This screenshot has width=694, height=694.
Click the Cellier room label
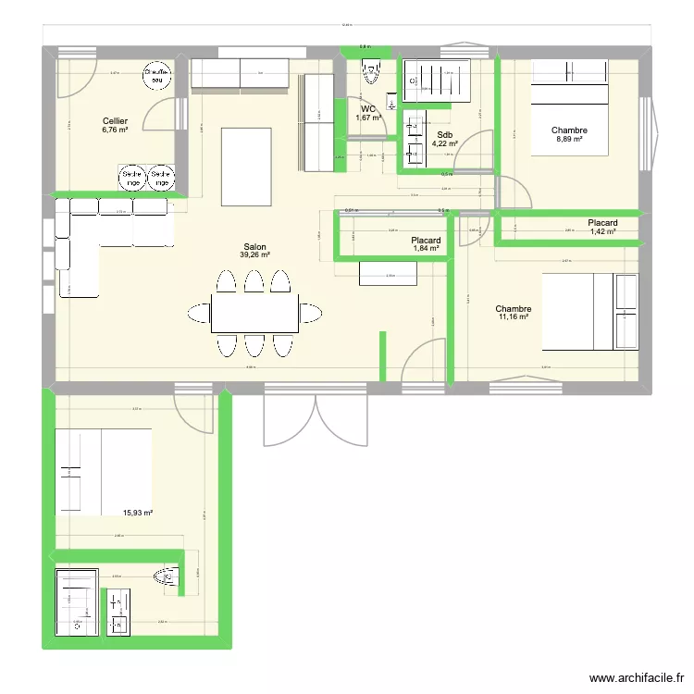[x=116, y=121]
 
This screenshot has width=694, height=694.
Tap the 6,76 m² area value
[x=116, y=130]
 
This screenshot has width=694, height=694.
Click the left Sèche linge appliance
[x=130, y=178]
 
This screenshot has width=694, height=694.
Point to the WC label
[x=369, y=108]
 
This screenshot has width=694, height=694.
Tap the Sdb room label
[x=445, y=134]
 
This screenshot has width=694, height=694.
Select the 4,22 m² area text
[x=445, y=143]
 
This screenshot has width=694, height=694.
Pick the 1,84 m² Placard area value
[x=427, y=250]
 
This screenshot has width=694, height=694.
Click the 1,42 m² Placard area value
[x=602, y=232]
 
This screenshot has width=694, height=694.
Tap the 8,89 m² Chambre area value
[x=569, y=140]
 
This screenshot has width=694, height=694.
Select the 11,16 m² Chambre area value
[x=512, y=317]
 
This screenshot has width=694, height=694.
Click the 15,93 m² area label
[x=138, y=513]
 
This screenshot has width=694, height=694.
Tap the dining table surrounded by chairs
[x=254, y=313]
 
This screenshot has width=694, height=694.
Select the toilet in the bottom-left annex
[x=167, y=577]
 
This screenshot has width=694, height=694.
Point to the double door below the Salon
[x=316, y=415]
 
